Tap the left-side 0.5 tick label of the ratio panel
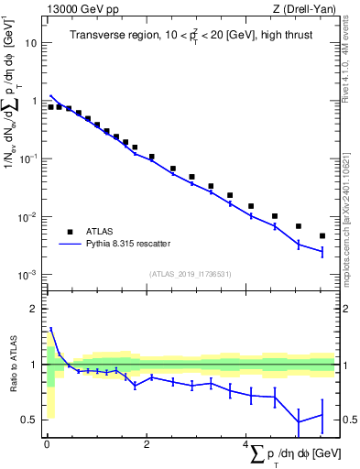32,420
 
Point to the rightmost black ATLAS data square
322,236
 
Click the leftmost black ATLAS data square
50,107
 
